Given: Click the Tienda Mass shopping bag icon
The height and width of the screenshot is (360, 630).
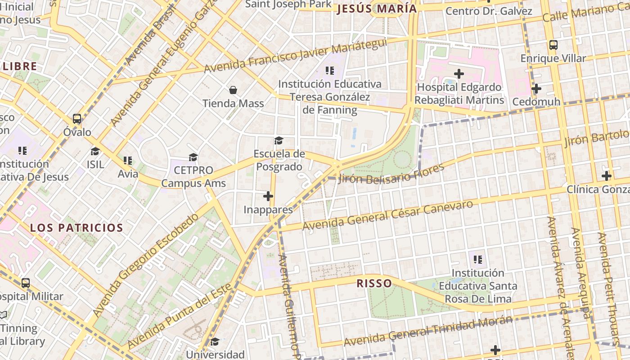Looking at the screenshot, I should (x=233, y=90).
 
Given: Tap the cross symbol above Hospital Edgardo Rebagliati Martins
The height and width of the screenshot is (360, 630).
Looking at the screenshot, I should (x=459, y=73).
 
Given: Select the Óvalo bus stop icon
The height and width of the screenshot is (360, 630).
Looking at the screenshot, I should (x=77, y=119).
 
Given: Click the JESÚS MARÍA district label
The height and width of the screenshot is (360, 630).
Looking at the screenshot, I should (x=377, y=9).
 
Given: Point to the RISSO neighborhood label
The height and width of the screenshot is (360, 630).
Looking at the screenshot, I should (x=374, y=283).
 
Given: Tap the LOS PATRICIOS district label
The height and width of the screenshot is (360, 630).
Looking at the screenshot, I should (x=76, y=228).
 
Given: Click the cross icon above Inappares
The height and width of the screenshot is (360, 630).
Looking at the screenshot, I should (x=268, y=196).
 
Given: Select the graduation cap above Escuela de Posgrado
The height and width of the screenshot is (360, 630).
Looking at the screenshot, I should (x=279, y=141).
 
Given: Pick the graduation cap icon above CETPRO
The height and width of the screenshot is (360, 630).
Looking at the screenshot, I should (x=193, y=157).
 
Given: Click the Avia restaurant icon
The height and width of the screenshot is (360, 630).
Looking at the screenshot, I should (x=128, y=161).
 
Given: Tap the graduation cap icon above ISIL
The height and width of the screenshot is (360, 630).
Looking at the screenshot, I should (x=95, y=151).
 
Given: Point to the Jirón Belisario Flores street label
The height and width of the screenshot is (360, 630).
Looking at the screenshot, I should (x=391, y=174).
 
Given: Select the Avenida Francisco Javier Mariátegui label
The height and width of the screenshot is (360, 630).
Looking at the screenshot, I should (x=295, y=56).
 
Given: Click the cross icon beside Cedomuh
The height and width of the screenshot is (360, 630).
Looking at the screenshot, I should (x=536, y=89).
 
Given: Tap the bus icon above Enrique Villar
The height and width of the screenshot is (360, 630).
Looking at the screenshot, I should (x=553, y=45).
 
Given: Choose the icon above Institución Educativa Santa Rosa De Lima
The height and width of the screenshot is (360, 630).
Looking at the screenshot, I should (x=478, y=260).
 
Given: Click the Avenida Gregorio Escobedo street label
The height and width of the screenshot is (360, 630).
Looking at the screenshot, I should (x=146, y=265).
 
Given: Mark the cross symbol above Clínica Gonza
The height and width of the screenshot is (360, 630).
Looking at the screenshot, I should (x=607, y=175).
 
